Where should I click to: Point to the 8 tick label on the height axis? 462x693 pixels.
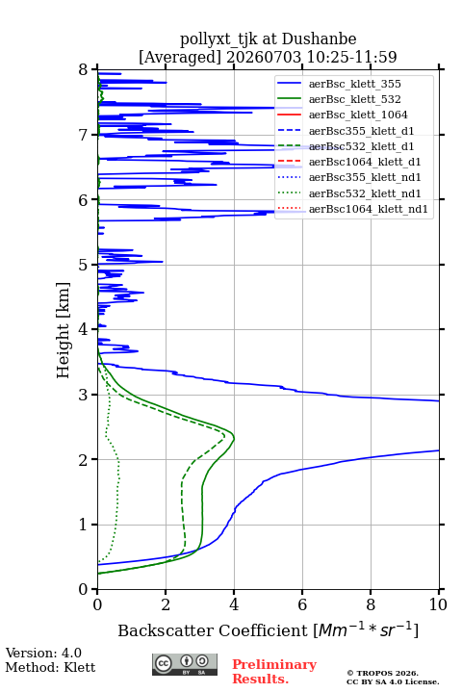click(84, 69)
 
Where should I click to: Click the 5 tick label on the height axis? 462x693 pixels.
click(84, 265)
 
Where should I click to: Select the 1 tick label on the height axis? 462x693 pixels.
click(84, 525)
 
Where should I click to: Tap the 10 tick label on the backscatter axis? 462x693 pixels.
click(438, 604)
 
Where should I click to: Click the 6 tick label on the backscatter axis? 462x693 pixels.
click(302, 604)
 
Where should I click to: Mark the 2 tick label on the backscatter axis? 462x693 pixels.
click(166, 604)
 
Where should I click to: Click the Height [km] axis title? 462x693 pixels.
click(63, 330)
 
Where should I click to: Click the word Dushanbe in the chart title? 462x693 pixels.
click(319, 38)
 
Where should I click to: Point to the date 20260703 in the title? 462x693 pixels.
click(264, 57)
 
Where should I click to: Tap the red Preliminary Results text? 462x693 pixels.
click(274, 672)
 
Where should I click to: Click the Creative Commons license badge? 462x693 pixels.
click(185, 664)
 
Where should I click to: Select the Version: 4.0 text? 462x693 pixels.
click(43, 653)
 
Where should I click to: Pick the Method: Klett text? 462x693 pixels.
click(50, 667)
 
